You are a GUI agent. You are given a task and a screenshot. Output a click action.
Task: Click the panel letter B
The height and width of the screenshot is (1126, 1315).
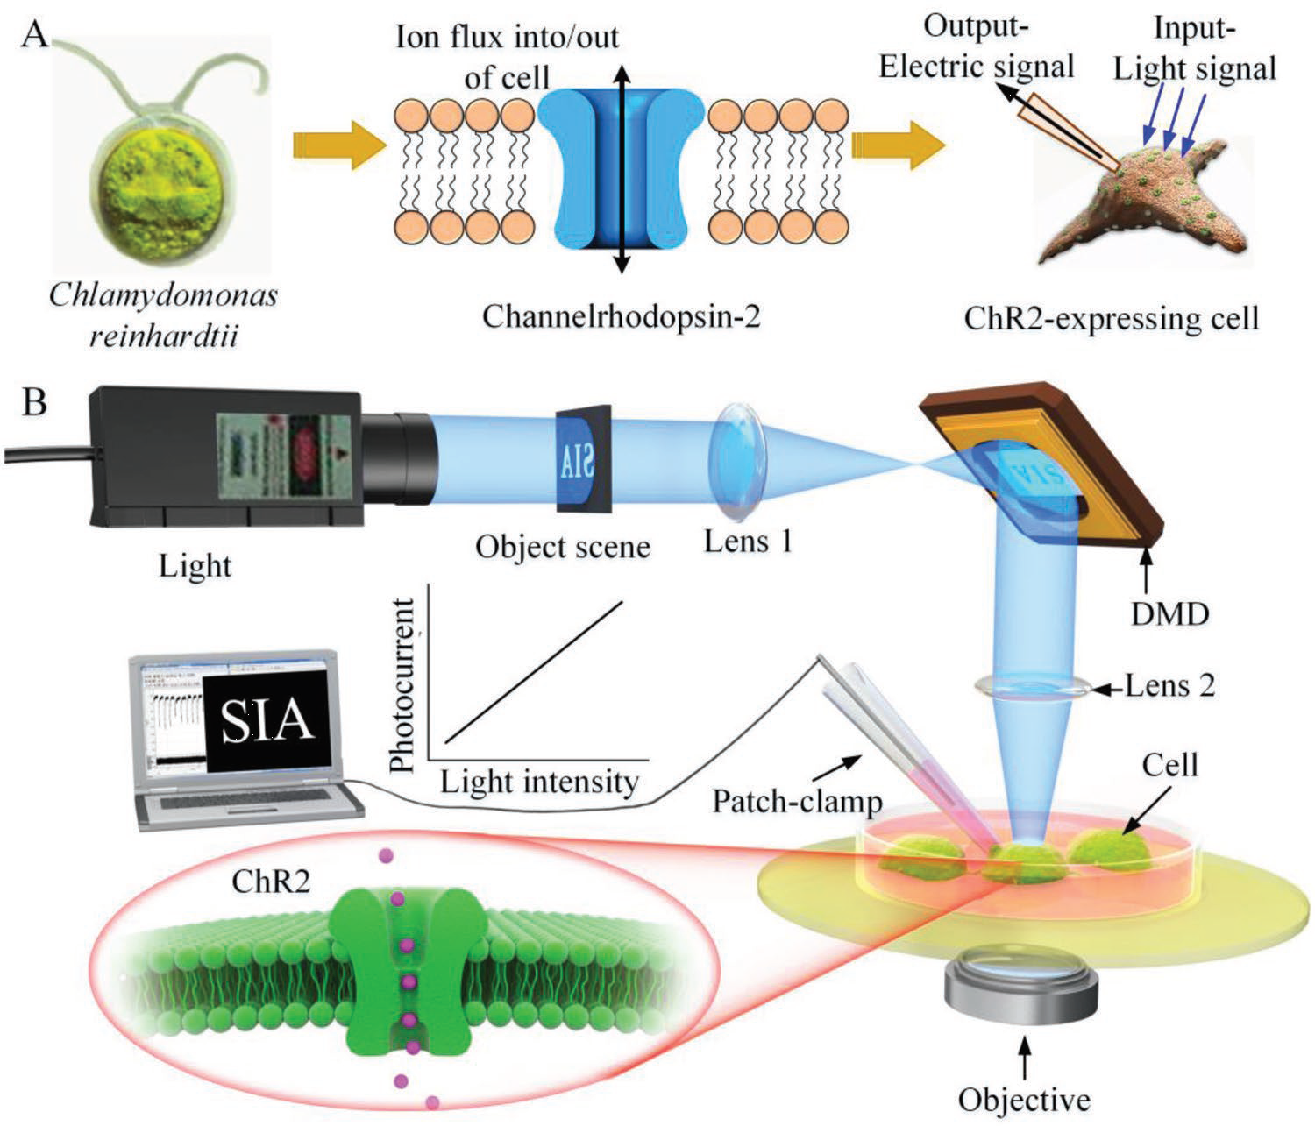point(34,404)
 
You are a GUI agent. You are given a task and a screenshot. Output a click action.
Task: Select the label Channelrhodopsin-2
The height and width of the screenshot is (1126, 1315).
point(621,316)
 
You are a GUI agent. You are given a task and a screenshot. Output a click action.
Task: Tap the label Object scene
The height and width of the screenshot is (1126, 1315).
point(563,548)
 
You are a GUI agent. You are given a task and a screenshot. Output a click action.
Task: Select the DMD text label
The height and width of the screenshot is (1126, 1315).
point(1167,613)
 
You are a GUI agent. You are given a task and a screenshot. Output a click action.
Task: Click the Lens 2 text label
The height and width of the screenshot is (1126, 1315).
point(1171,685)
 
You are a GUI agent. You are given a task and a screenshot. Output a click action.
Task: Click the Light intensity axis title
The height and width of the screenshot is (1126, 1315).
point(538,781)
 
